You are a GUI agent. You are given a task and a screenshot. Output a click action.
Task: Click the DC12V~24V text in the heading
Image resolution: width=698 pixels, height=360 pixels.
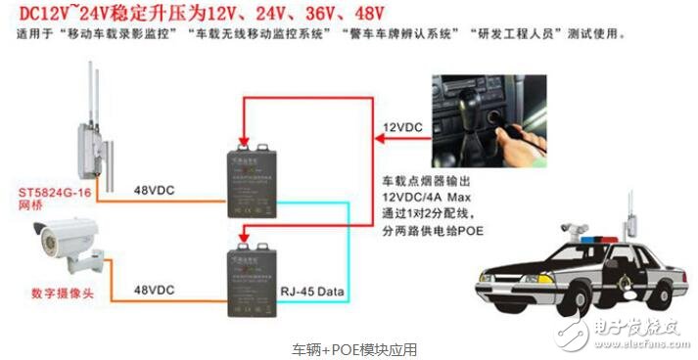[64, 14]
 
